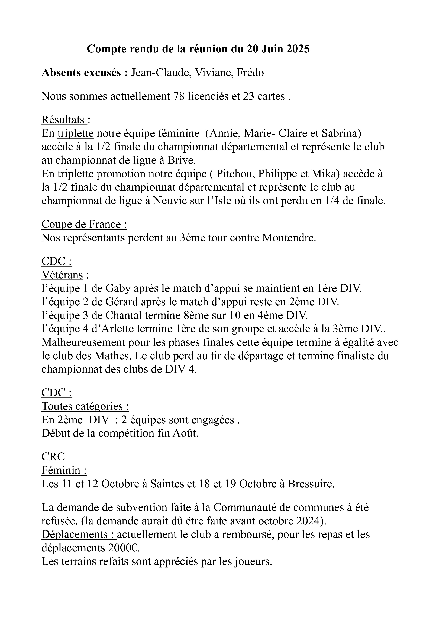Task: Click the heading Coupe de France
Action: (84, 224)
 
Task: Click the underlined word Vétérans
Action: (62, 275)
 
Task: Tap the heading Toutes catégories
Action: (85, 406)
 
